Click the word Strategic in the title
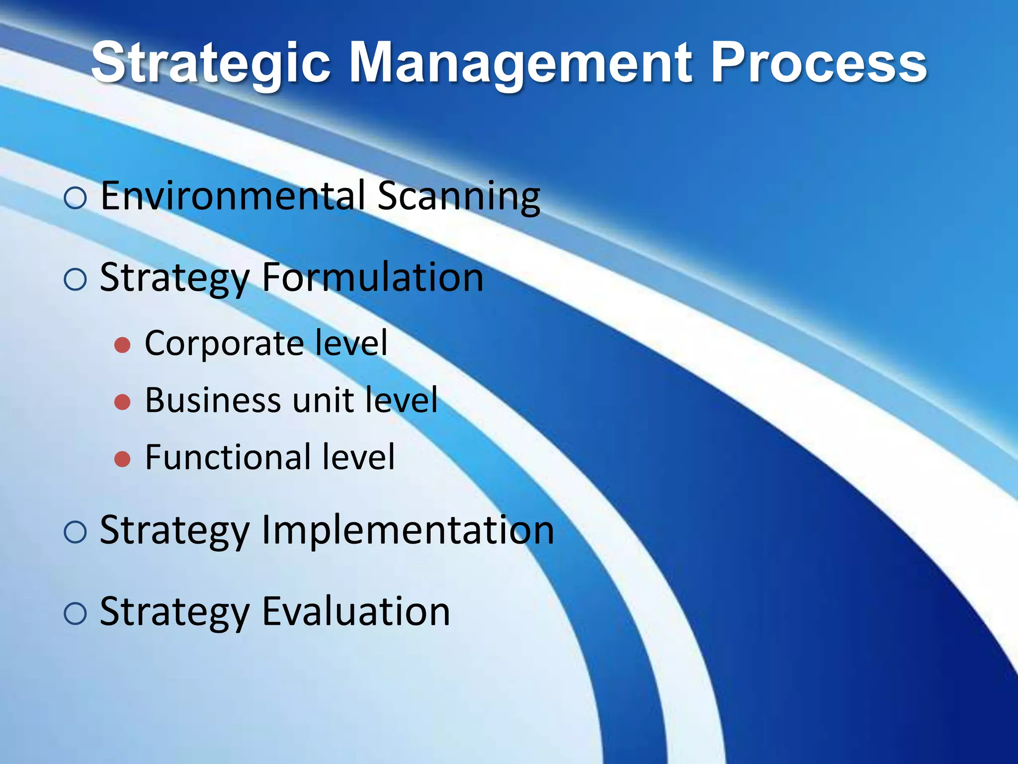(x=211, y=64)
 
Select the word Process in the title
(x=818, y=64)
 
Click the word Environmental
(x=233, y=196)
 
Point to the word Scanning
(x=458, y=197)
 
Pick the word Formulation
(x=372, y=278)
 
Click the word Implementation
(x=408, y=530)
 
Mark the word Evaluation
(x=356, y=612)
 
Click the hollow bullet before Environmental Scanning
(x=76, y=198)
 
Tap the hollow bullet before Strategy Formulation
(x=76, y=280)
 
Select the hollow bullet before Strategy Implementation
(x=76, y=532)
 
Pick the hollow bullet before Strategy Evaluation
(x=76, y=614)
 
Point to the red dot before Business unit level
(x=122, y=402)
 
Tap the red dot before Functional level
(x=122, y=459)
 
